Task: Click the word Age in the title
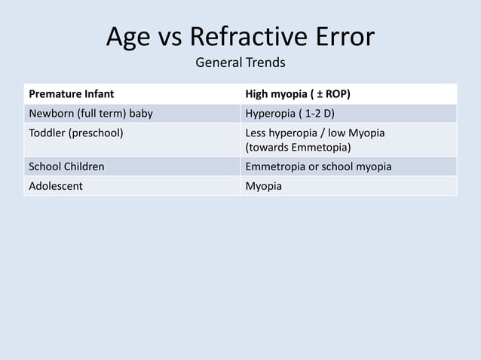click(x=127, y=37)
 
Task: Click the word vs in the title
click(x=170, y=37)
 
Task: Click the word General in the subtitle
click(x=218, y=62)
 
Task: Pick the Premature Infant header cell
click(x=72, y=95)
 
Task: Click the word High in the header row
click(x=259, y=95)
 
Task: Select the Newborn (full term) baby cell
click(x=90, y=114)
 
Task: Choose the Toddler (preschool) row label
click(x=76, y=133)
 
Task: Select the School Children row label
click(x=66, y=166)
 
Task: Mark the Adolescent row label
click(x=57, y=185)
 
